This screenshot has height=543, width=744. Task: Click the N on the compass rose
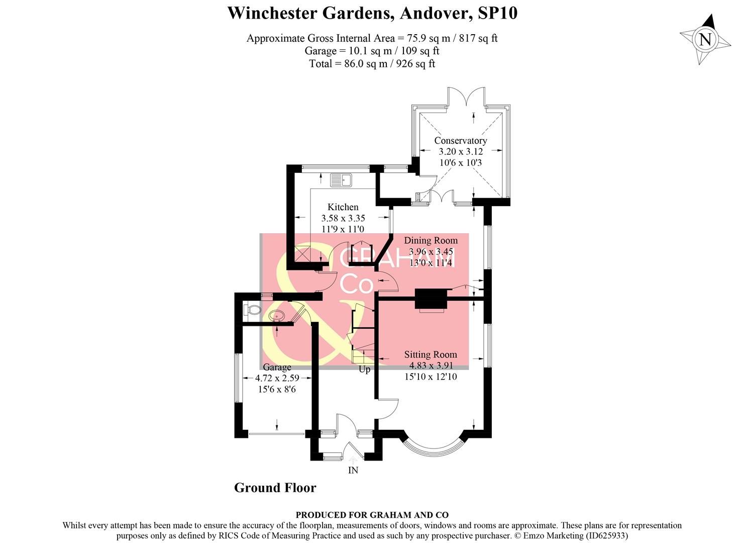pos(705,40)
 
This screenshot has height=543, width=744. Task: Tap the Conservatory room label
pos(460,141)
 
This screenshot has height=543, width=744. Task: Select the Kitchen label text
pos(343,207)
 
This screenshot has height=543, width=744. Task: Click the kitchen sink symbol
pos(342,179)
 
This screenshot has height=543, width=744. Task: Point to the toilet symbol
pos(251,310)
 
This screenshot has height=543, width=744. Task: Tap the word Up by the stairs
pos(364,370)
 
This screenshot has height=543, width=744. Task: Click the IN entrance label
pos(353,470)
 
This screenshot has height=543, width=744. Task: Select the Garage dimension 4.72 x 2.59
pos(277,378)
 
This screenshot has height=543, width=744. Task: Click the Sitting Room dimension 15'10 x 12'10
pos(431,377)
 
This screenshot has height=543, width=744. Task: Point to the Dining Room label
pos(431,240)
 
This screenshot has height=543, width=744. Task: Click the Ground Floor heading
pos(275,488)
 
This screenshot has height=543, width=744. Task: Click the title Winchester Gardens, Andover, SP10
pos(372,13)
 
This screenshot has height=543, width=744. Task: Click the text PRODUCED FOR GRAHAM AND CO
pos(372,515)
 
